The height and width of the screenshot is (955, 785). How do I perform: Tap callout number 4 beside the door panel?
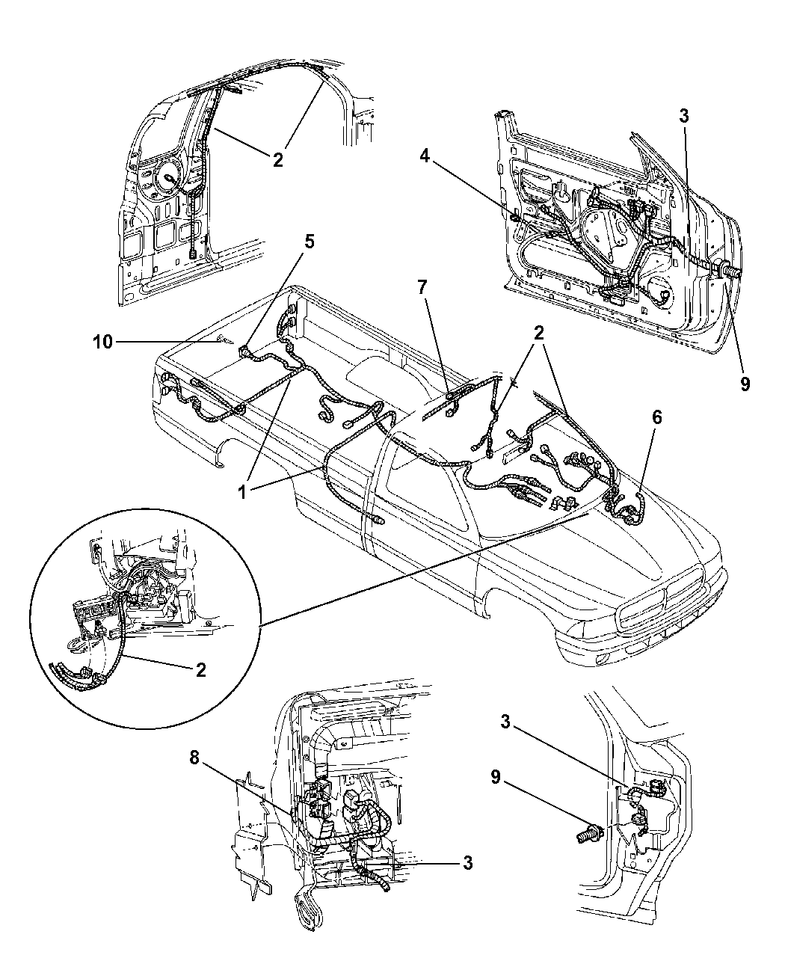point(424,156)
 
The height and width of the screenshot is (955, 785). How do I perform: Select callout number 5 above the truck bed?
point(309,242)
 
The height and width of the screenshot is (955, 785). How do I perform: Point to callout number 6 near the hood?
point(656,417)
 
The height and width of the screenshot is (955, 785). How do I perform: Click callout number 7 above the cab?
point(422,287)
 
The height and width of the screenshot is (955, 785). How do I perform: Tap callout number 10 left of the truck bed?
point(102,342)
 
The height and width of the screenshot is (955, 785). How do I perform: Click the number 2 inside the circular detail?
point(201,682)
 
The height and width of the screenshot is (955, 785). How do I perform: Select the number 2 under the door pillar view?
point(278,160)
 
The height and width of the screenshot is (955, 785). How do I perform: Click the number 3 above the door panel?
point(684,117)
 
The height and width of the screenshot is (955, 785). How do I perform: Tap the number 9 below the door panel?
point(745,384)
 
